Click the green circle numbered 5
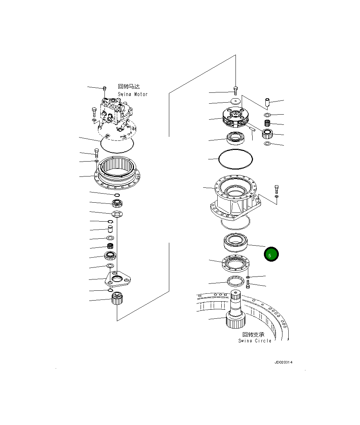(x=271, y=255)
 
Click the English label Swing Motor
(x=132, y=94)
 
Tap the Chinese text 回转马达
(x=129, y=87)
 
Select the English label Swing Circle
(x=255, y=341)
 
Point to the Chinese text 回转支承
(x=253, y=334)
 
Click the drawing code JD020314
(x=284, y=362)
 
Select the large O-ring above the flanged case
(x=235, y=159)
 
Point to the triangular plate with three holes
(x=116, y=279)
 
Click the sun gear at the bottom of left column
(x=117, y=299)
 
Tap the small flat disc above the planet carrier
(x=236, y=101)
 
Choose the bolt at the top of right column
(x=236, y=90)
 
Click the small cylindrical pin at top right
(x=267, y=103)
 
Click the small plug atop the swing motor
(x=105, y=88)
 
